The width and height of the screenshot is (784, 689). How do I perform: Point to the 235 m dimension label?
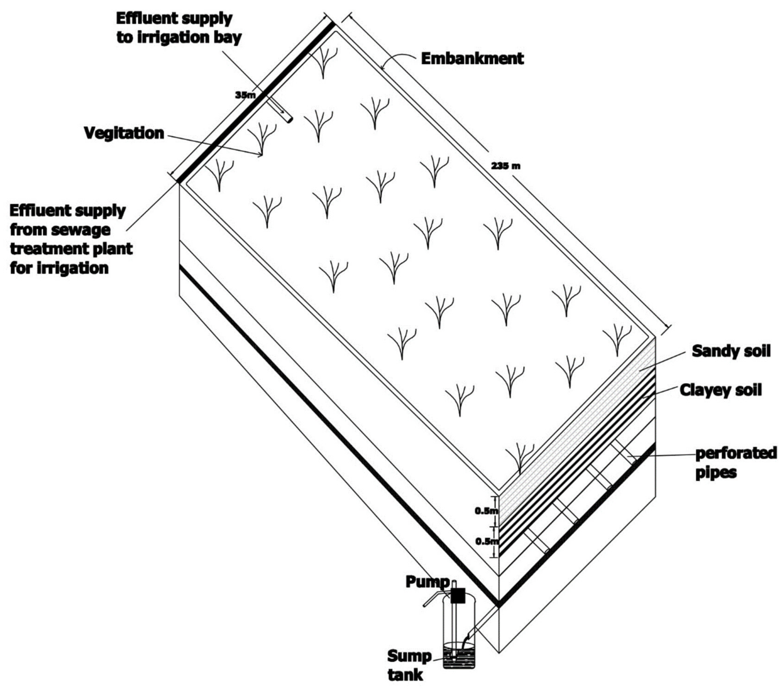pos(505,166)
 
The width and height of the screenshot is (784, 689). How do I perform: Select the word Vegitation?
pos(124,133)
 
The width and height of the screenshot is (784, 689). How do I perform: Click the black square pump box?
pos(458,595)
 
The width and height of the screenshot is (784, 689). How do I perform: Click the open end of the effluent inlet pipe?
pos(289,120)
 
